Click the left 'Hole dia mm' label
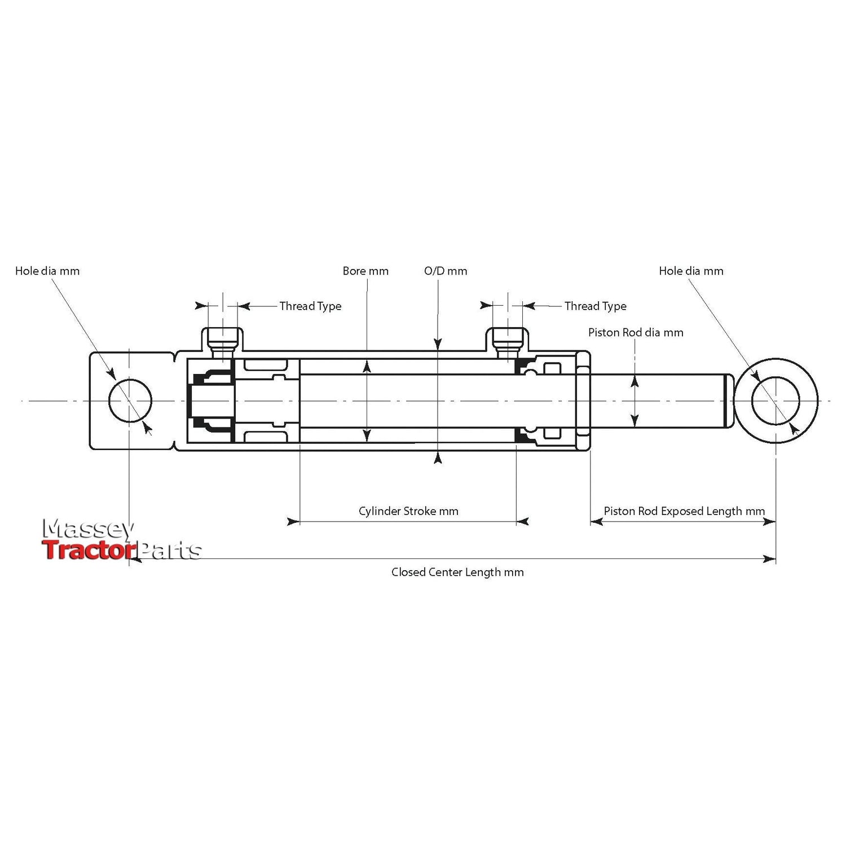47,271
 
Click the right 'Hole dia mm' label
691,271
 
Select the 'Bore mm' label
365,271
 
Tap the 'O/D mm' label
446,271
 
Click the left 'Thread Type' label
310,306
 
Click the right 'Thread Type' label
595,306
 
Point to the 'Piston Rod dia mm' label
636,333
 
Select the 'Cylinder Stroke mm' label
408,512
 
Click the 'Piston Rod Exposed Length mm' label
684,512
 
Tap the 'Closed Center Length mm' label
457,572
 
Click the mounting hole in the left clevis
130,401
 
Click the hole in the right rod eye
775,401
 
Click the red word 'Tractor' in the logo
89,550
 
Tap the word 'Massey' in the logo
89,529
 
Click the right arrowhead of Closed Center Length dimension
769,559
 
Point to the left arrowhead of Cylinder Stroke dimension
293,522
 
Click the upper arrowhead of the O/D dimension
438,344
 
